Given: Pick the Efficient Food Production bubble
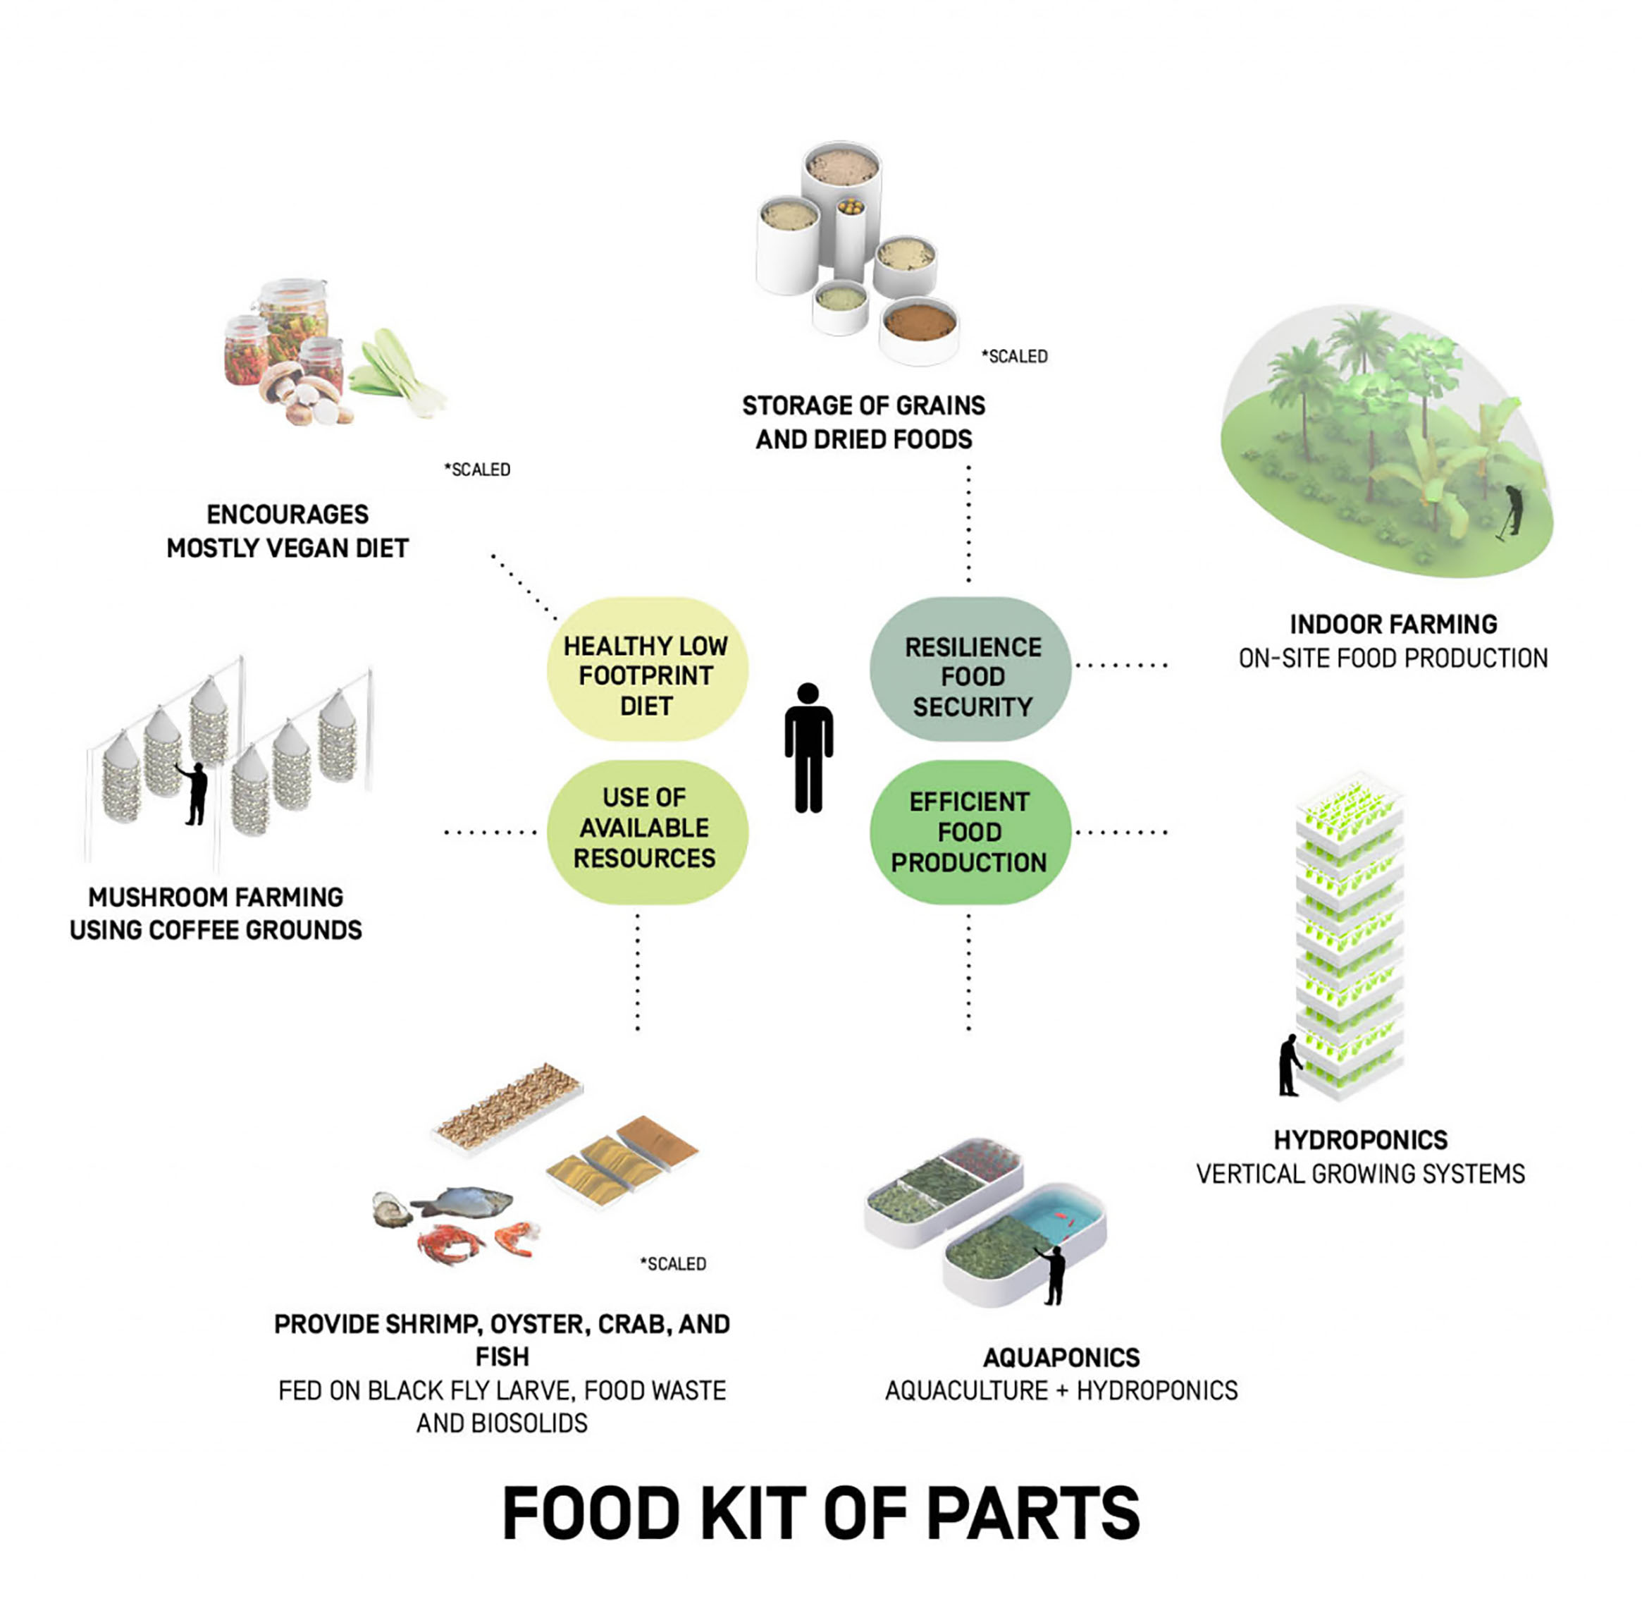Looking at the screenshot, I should coord(970,831).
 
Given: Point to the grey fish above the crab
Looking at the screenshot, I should coord(464,1200).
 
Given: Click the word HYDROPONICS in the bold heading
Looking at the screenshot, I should coord(1360,1139).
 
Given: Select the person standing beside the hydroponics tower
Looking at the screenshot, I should coord(1289,1066).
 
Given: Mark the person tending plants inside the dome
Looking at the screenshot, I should coord(1512,511).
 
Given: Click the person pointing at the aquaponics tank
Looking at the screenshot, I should coord(1054,1273).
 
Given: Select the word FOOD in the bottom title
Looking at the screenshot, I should coord(592,1513).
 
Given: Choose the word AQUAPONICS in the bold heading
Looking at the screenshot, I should coord(1061,1357).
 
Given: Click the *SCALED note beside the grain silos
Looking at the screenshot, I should coord(1015,357).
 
